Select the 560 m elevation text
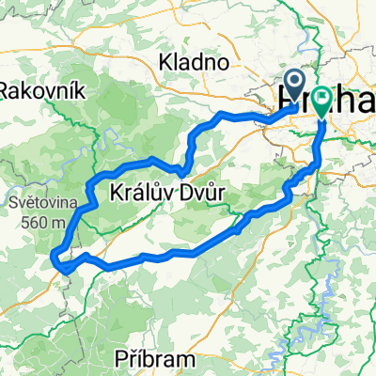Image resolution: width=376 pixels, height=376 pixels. tap(45, 223)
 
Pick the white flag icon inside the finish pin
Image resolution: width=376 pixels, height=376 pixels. tap(322, 96)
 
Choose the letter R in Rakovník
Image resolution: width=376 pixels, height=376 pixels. tap(7, 90)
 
